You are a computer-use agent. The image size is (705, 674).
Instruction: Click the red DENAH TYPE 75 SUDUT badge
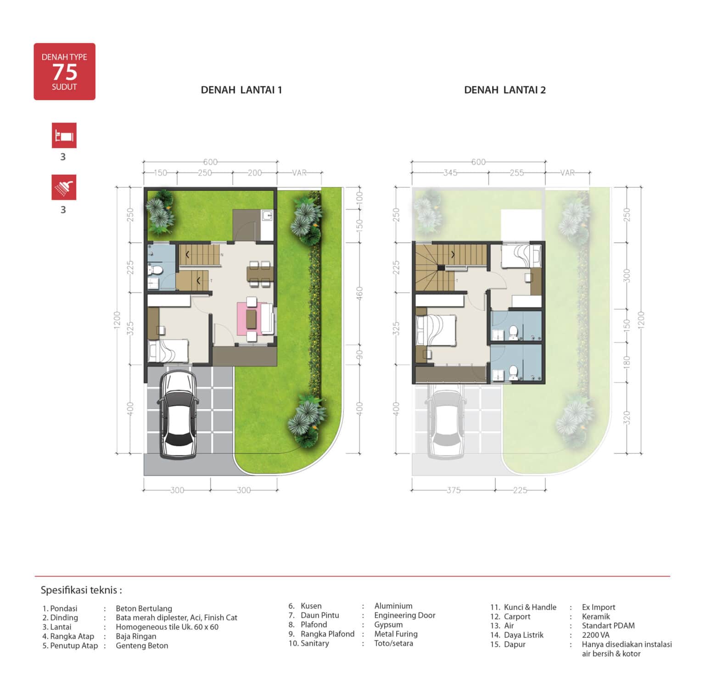[x=64, y=72]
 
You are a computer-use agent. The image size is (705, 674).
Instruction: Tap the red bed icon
[x=64, y=135]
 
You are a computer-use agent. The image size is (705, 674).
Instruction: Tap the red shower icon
[x=64, y=187]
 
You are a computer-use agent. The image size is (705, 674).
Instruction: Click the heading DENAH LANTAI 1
[x=241, y=90]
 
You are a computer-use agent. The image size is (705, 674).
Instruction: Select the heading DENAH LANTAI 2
[x=505, y=90]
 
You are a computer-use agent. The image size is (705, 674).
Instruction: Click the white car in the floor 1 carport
[x=179, y=414]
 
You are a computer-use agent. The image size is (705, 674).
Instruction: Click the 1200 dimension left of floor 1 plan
[x=117, y=320]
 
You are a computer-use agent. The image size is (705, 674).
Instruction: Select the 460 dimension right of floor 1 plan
[x=359, y=293]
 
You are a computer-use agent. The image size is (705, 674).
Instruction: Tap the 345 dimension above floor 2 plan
[x=450, y=173]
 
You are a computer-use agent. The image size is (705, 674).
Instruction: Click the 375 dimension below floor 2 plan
[x=453, y=490]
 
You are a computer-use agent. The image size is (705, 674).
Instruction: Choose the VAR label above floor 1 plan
[x=299, y=173]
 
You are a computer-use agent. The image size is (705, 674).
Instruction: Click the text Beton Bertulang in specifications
[x=144, y=608]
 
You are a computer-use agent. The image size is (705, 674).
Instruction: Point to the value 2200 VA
[x=596, y=635]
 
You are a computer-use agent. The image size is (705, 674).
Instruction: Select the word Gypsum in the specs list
[x=388, y=624]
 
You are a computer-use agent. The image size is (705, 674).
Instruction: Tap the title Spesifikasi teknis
[x=81, y=590]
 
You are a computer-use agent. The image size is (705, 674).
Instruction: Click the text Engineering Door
[x=405, y=615]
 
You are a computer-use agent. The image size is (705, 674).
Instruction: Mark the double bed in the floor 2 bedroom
[x=436, y=330]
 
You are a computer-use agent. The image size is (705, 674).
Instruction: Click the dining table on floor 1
[x=260, y=273]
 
